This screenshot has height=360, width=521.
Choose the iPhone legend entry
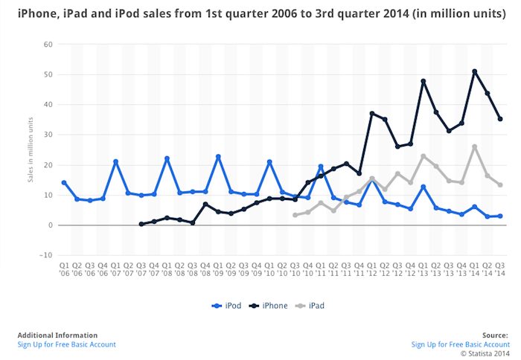[271, 306]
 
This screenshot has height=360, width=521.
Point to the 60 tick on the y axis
[47, 44]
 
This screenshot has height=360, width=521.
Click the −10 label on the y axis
[45, 255]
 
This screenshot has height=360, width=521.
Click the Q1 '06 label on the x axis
[64, 268]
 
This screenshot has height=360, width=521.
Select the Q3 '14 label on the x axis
[500, 268]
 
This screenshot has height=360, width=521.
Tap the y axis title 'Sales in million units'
[31, 150]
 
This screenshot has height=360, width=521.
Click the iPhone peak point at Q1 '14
[475, 71]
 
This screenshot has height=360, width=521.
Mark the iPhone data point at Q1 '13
[423, 81]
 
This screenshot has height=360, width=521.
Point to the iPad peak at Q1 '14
[475, 147]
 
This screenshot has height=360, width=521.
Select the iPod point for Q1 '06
[64, 182]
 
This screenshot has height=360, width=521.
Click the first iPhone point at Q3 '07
[141, 224]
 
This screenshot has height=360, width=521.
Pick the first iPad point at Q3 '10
[295, 215]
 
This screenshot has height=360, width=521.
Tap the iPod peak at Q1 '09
[218, 156]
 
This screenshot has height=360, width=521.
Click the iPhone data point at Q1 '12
[372, 114]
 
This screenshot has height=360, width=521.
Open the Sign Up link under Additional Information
[67, 344]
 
